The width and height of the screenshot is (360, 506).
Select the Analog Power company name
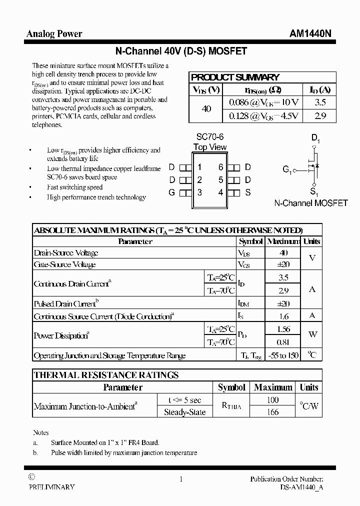[54, 34]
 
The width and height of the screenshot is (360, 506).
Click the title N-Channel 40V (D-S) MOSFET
[180, 51]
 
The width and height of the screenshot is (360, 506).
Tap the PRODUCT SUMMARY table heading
[235, 77]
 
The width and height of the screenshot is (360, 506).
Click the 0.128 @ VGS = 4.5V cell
[263, 116]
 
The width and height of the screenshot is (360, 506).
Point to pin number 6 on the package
[220, 167]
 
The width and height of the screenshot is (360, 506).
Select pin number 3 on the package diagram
[199, 192]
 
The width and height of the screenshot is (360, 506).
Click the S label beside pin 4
[247, 192]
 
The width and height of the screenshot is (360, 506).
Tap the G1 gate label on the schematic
[287, 170]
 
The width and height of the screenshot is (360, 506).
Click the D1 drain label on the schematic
[315, 138]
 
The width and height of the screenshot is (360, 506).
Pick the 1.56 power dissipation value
[283, 329]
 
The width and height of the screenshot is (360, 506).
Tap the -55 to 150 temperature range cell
[283, 355]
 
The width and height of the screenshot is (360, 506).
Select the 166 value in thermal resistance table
[273, 412]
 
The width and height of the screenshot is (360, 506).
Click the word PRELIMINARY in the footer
[51, 486]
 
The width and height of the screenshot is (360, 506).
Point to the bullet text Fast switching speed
[74, 187]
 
